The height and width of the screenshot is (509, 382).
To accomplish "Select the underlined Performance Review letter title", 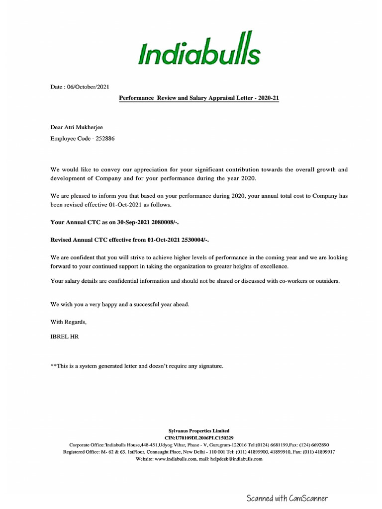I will coord(199,98).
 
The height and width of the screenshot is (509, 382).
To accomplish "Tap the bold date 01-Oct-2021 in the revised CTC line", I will coord(165,240).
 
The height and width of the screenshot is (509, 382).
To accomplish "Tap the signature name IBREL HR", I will coord(65,337).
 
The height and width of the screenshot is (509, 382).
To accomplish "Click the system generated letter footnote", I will coord(137,366).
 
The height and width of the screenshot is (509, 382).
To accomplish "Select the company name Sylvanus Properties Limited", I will coord(198,430).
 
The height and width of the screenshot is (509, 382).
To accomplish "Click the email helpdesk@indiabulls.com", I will coord(234,459).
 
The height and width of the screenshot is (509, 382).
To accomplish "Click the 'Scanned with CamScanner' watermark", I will coord(287,498).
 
